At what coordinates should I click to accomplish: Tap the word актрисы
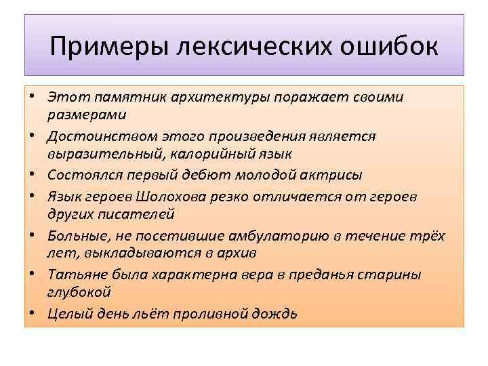click(331, 175)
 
